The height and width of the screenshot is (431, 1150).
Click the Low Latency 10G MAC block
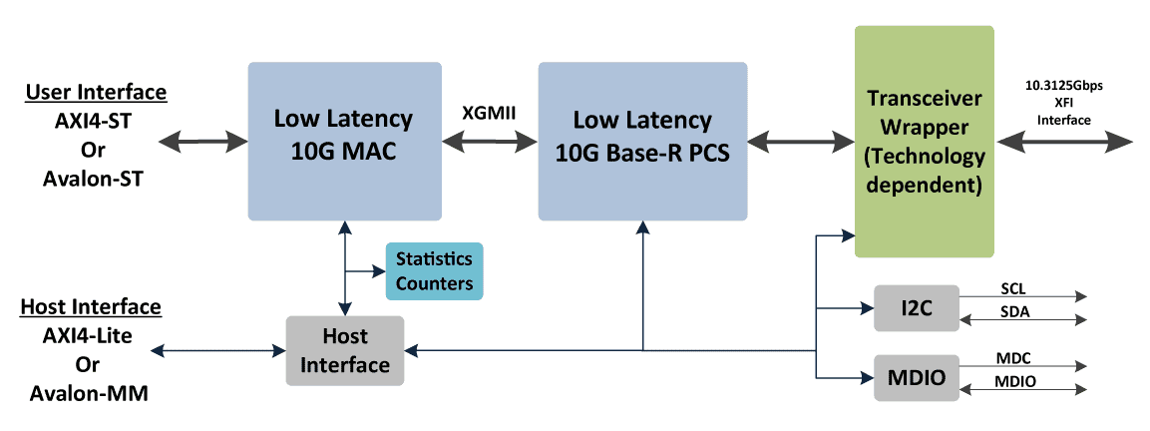coord(343,141)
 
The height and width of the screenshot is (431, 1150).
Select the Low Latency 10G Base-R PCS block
coord(642,141)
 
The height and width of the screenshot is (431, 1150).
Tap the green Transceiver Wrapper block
coord(925,141)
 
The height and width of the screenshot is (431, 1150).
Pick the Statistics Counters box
coord(434,271)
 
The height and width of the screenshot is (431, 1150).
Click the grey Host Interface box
coord(344,350)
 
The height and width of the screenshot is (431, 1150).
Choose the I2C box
coord(916,307)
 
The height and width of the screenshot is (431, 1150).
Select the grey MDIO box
coord(916,378)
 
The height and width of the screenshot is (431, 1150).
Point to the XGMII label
coord(489,114)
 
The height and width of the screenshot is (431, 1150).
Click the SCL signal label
coord(1013,288)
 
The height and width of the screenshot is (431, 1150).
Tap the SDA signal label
coord(1013,312)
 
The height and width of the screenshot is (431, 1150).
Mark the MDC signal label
coord(1013,357)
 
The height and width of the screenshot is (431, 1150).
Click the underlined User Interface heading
coord(96,93)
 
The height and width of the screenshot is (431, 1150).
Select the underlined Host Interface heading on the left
coord(91,306)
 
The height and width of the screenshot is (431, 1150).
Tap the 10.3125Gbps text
coord(1063,87)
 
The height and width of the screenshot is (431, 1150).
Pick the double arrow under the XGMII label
coord(489,142)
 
